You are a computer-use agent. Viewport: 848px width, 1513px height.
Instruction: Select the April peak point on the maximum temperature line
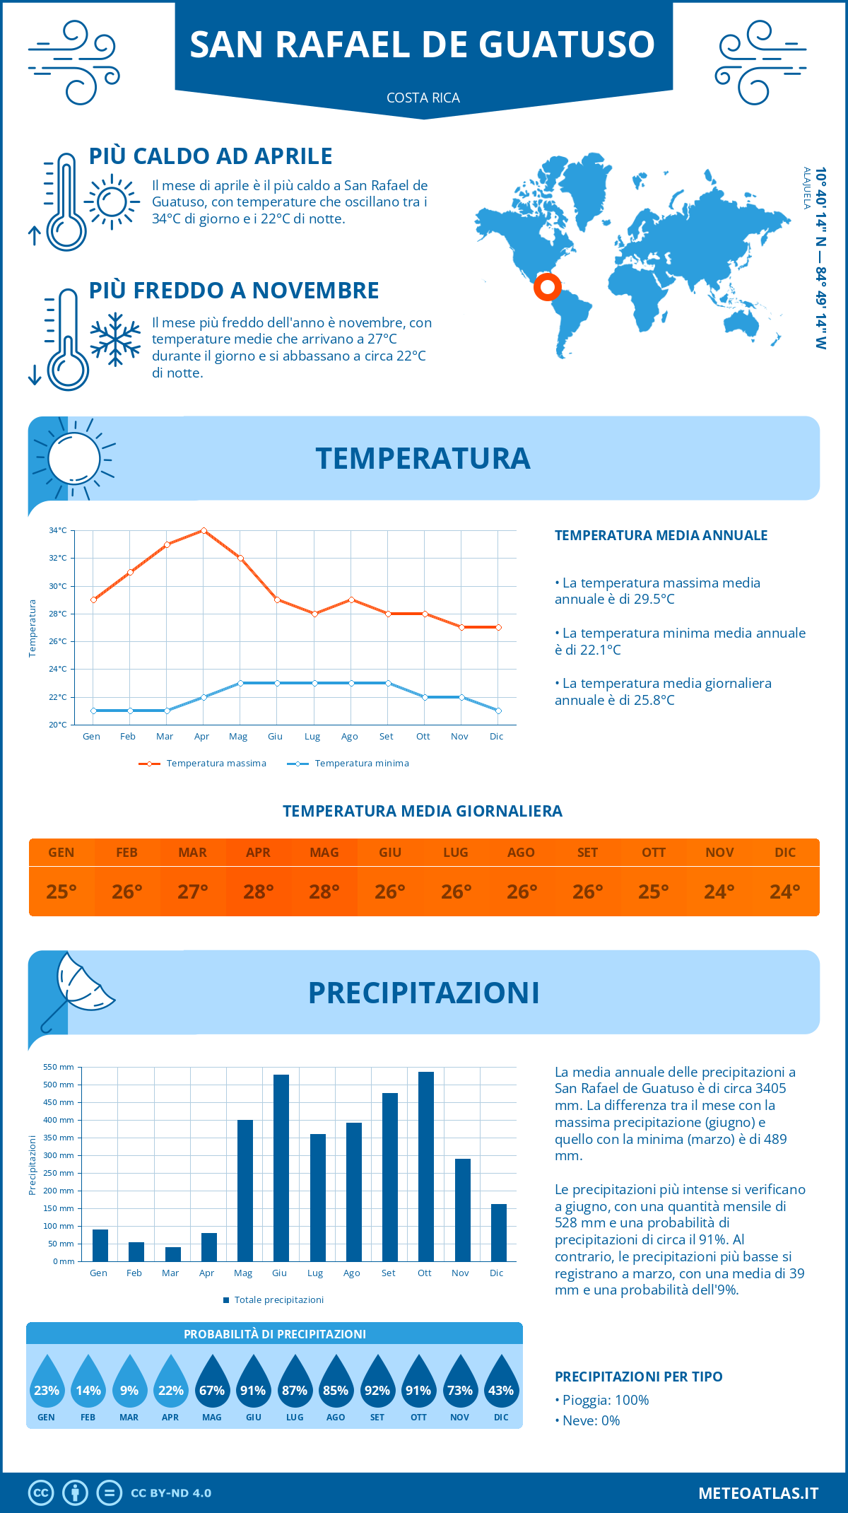click(x=204, y=530)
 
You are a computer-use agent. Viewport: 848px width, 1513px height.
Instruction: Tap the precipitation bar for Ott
click(x=425, y=1166)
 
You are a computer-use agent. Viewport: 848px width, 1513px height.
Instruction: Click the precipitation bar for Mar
click(x=172, y=1254)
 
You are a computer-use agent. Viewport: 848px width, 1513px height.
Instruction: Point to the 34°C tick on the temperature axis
click(x=58, y=530)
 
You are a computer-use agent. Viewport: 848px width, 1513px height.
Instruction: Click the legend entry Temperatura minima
click(x=348, y=764)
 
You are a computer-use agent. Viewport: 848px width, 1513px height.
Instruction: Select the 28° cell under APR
click(x=258, y=892)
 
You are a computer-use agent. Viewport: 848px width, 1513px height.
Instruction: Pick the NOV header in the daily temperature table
click(x=719, y=853)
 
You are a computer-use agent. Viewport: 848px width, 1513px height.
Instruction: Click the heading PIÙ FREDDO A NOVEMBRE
click(x=234, y=291)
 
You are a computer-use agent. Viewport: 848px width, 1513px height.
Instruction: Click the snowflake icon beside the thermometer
click(x=115, y=339)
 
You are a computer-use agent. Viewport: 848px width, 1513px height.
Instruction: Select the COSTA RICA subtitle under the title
click(x=423, y=98)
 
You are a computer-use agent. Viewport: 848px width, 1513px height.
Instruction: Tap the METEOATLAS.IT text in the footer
click(x=758, y=1493)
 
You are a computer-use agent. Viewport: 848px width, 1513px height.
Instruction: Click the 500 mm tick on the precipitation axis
click(x=59, y=1085)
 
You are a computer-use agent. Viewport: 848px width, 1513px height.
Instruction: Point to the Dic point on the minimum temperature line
click(x=498, y=711)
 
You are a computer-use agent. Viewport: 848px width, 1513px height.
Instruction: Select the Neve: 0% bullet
click(x=587, y=1420)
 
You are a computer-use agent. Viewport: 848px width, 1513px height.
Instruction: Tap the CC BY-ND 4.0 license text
click(x=171, y=1493)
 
